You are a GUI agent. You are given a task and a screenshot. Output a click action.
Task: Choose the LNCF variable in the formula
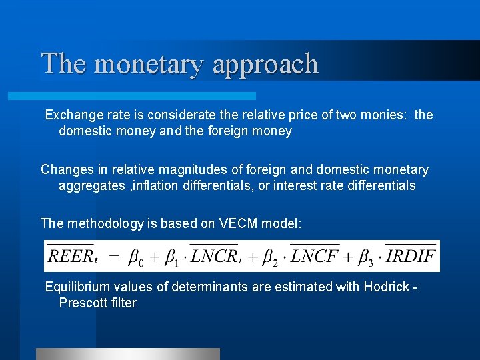(x=316, y=256)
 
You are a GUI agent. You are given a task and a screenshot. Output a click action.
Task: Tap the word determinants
(x=203, y=287)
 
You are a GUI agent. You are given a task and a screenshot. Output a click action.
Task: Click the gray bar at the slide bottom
(x=127, y=353)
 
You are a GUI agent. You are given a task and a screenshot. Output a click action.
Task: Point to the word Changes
(x=65, y=170)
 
